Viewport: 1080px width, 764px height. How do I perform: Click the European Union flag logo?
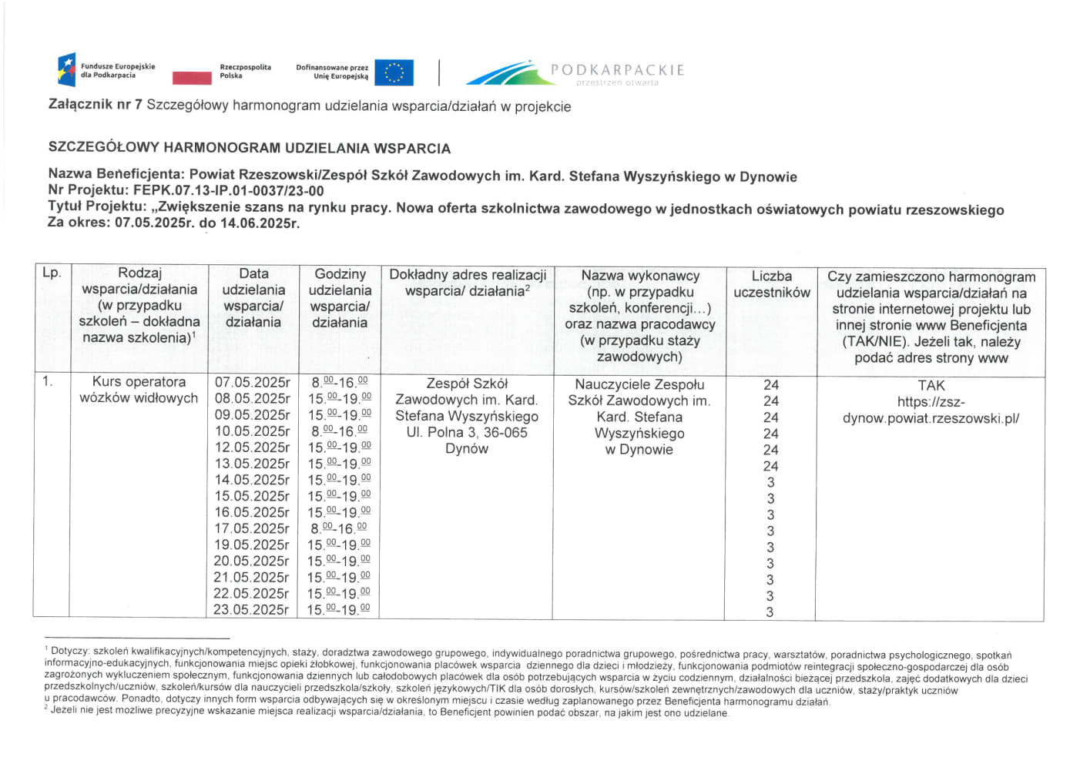(x=394, y=72)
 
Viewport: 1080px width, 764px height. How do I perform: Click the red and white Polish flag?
(x=192, y=77)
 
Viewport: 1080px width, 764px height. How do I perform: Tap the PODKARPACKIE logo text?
(x=617, y=70)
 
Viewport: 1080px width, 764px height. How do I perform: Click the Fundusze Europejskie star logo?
(x=67, y=70)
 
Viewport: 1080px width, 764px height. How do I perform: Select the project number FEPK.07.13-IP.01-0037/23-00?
(x=228, y=191)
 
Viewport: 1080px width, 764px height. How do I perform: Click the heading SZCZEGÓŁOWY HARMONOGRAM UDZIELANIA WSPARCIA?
(x=250, y=148)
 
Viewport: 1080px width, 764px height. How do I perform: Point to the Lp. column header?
(x=52, y=273)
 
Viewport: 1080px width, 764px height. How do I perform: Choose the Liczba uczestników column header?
(x=771, y=284)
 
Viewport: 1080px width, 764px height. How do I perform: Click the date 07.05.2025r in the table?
(x=252, y=383)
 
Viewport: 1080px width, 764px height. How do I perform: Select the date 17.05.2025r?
(x=252, y=528)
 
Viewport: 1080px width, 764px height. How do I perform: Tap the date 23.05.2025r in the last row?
(x=252, y=609)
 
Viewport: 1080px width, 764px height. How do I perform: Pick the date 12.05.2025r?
(x=252, y=447)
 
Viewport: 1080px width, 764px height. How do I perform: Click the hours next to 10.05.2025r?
(x=339, y=431)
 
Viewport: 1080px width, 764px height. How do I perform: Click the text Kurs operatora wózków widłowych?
(x=139, y=390)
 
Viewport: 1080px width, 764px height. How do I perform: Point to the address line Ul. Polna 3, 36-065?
(x=467, y=432)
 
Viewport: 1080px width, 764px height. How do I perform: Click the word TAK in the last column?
(x=931, y=385)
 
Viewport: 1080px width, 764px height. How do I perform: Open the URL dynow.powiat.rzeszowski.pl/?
(x=931, y=418)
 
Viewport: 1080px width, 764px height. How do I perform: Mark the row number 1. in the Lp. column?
(x=48, y=381)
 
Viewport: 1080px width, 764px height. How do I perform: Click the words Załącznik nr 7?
(x=96, y=105)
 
